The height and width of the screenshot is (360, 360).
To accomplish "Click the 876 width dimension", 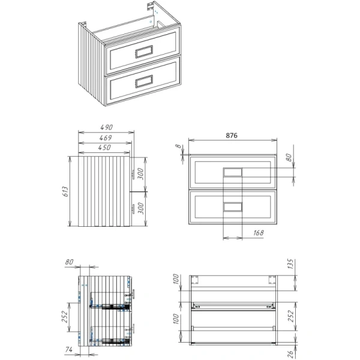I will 232,136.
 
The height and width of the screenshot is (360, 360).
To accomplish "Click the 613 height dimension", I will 65,192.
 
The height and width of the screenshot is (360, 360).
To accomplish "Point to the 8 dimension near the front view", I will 179,146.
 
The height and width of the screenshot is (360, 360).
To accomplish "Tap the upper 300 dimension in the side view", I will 140,174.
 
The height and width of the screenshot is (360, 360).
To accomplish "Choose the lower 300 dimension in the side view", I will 140,208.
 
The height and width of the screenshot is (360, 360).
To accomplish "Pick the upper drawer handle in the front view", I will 232,172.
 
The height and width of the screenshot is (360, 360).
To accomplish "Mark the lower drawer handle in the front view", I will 232,207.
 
